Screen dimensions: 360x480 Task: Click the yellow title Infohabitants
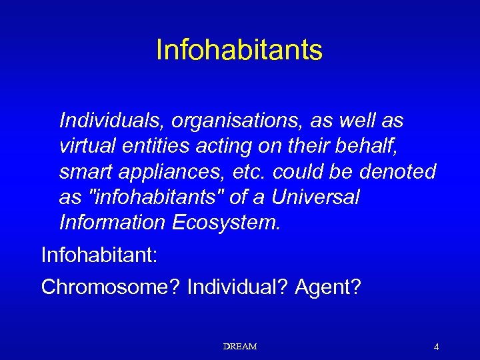(239, 50)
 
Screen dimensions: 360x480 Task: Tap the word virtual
(87, 146)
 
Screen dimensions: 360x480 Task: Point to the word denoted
(397, 171)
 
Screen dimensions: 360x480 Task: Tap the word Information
(112, 222)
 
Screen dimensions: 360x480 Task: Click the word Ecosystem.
(227, 223)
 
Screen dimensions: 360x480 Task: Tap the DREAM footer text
(240, 347)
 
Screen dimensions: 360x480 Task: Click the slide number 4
(436, 347)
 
